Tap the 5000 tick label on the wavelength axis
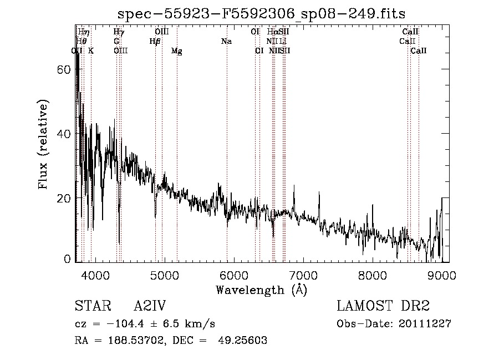tap(164, 275)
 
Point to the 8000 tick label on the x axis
tap(372, 275)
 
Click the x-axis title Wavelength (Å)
tap(261, 290)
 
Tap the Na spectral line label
tap(226, 42)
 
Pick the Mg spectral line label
tap(177, 51)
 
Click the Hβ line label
tap(155, 42)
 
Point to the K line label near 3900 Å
tap(91, 51)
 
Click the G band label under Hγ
tap(116, 42)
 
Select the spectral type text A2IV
tap(150, 306)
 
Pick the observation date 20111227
tap(425, 324)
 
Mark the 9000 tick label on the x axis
tap(441, 275)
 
